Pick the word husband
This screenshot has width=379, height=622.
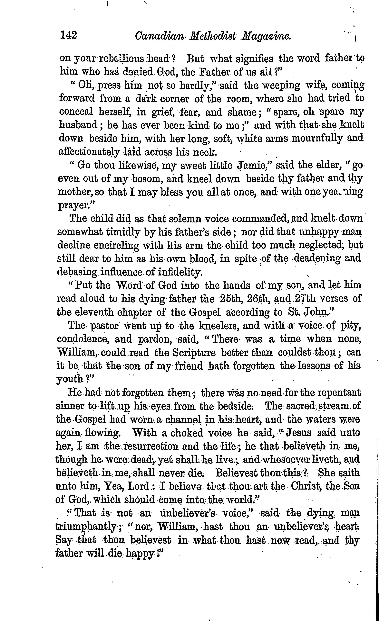(x=78, y=125)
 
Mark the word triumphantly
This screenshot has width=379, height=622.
(x=85, y=527)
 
